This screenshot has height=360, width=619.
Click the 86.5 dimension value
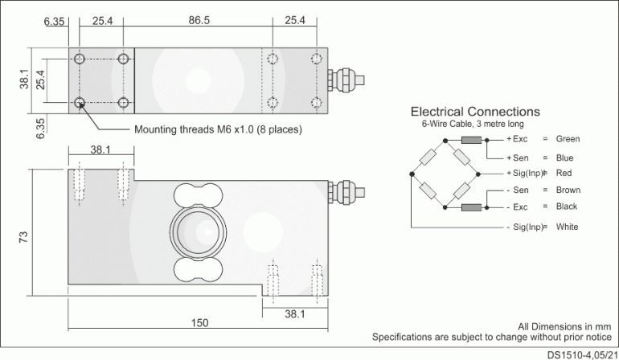tap(199, 20)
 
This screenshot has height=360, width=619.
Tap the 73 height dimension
tap(23, 238)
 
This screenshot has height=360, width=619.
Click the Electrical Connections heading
tap(475, 112)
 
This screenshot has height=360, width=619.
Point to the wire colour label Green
tap(568, 139)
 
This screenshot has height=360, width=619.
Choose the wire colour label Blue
tap(564, 157)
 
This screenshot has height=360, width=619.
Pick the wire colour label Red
tap(564, 173)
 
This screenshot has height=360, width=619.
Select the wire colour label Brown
tap(568, 190)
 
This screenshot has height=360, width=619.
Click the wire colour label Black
tap(567, 207)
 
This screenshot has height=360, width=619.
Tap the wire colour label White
tap(567, 227)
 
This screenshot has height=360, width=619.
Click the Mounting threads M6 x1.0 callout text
tap(218, 129)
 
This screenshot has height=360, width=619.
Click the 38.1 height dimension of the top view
tap(24, 80)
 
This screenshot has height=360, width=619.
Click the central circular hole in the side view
tap(193, 233)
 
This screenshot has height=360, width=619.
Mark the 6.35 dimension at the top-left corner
tap(55, 20)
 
